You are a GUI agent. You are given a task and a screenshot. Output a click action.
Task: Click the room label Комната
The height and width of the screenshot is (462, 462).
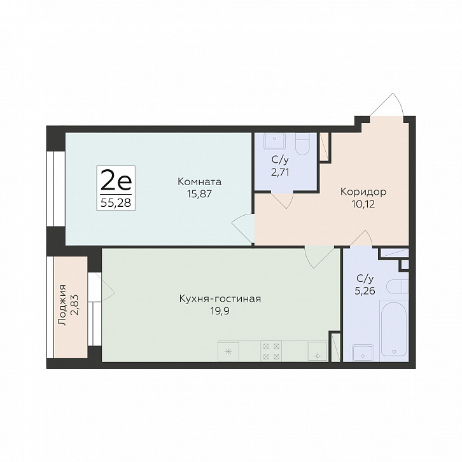pos(199,181)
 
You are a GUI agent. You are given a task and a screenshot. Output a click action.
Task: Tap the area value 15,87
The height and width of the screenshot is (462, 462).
pos(199,194)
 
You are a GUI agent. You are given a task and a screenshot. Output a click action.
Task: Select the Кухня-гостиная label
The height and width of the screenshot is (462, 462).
pos(220,298)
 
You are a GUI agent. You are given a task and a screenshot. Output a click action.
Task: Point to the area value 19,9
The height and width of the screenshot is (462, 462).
pos(220,311)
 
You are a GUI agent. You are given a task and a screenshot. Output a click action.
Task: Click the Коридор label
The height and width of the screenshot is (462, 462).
pos(363,192)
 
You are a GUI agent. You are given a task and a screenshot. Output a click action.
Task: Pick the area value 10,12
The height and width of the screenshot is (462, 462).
pos(363,204)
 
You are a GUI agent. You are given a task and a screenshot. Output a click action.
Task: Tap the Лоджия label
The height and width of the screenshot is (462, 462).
pos(62,305)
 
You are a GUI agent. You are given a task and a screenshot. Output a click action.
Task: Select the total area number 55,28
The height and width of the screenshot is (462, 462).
pos(116,203)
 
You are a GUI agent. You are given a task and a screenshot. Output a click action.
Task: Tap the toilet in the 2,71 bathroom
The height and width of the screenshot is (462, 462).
pos(303,144)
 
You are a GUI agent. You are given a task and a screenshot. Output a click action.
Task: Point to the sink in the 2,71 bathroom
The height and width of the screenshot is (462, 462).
pos(275,141)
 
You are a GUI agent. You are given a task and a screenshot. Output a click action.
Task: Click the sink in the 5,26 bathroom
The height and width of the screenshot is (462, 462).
pos(363,353)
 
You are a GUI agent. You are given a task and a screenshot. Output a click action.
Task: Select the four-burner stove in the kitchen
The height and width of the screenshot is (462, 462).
pos(271,351)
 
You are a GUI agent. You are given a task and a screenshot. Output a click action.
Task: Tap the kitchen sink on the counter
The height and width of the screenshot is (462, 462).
pos(318,351)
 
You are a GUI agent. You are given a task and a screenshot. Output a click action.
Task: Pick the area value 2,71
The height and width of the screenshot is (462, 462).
pos(280,172)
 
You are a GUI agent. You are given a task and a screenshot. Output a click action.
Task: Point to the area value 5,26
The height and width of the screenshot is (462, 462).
pos(365,291)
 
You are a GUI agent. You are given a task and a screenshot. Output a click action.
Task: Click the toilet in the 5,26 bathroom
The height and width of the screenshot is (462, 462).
pos(397,287)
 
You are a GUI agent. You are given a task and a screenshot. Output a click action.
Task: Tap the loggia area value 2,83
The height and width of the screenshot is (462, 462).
pos(75,305)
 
